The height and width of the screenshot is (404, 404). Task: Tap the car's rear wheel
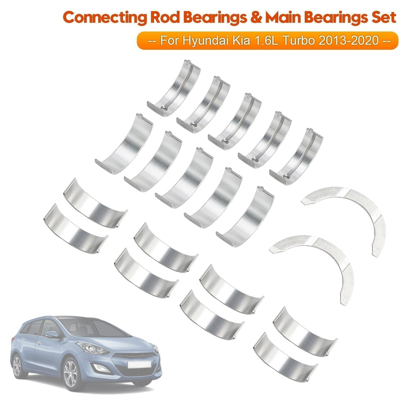17,365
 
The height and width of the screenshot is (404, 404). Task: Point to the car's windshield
85,327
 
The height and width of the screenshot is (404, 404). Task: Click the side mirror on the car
52,335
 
